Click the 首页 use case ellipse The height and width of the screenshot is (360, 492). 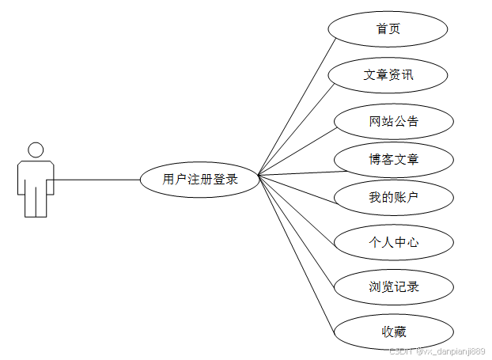[x=388, y=29]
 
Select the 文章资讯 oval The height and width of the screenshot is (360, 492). [x=388, y=75]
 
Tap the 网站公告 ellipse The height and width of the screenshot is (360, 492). [x=393, y=122]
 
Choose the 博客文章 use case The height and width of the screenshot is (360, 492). [x=393, y=160]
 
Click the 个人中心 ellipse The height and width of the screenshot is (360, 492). [x=393, y=242]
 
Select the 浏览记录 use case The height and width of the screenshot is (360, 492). [x=393, y=286]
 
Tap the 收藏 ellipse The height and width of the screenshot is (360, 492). [x=393, y=332]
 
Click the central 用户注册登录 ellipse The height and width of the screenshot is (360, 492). [x=200, y=180]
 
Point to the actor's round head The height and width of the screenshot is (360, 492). [x=36, y=150]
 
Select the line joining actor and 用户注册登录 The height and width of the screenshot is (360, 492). [x=95, y=180]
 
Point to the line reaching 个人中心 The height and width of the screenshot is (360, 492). [x=297, y=210]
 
